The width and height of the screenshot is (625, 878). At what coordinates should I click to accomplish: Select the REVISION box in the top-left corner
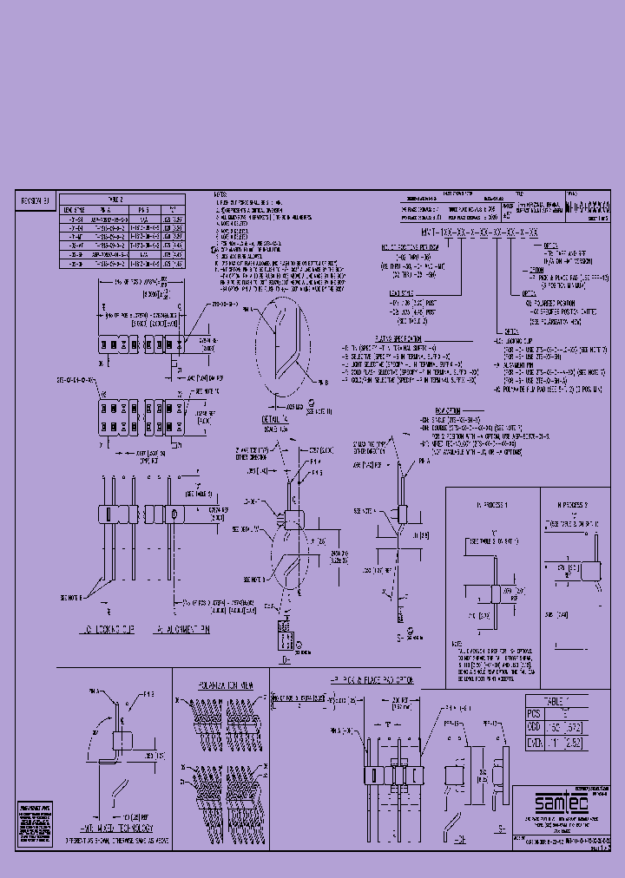pyautogui.click(x=36, y=200)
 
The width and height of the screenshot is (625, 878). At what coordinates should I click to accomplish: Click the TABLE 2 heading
pyautogui.click(x=122, y=199)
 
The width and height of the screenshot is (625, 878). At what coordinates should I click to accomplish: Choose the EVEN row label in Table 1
pyautogui.click(x=535, y=744)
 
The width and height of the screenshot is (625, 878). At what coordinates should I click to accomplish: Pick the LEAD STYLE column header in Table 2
pyautogui.click(x=73, y=209)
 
